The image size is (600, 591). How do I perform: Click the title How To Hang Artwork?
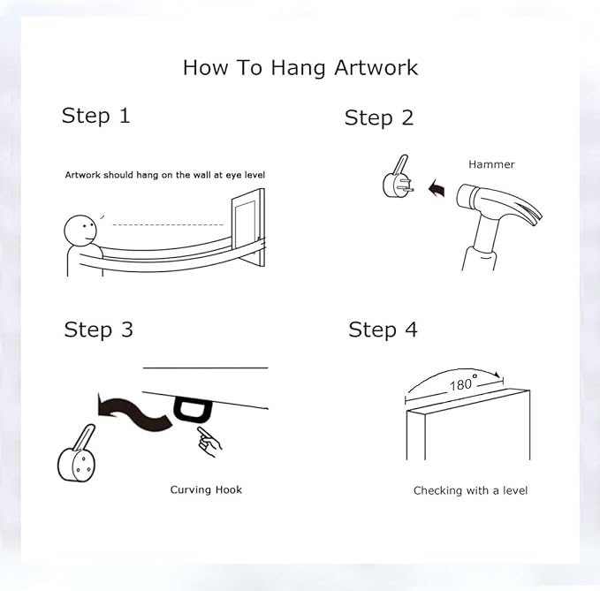point(300,68)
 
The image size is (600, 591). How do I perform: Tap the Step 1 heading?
point(95,116)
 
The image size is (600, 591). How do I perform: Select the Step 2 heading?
point(379,117)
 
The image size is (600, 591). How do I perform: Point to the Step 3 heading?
point(98,330)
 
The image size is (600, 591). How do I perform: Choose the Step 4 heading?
point(383,330)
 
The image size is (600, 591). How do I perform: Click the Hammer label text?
point(491,164)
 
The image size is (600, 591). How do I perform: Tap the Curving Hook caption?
point(206,489)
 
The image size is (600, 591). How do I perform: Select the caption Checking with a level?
point(470,490)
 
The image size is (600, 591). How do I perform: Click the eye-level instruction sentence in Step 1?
point(165,175)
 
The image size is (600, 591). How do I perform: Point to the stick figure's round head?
point(80,231)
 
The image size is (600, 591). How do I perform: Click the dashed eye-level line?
point(169,225)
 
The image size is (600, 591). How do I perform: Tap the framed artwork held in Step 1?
point(248,227)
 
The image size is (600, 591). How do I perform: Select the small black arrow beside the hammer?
point(437,188)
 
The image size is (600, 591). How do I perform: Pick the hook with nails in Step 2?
point(398,177)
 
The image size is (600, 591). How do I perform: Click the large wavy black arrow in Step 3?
point(134,413)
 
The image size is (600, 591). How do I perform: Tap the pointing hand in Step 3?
point(209,442)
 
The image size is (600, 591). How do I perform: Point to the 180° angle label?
point(463,383)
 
